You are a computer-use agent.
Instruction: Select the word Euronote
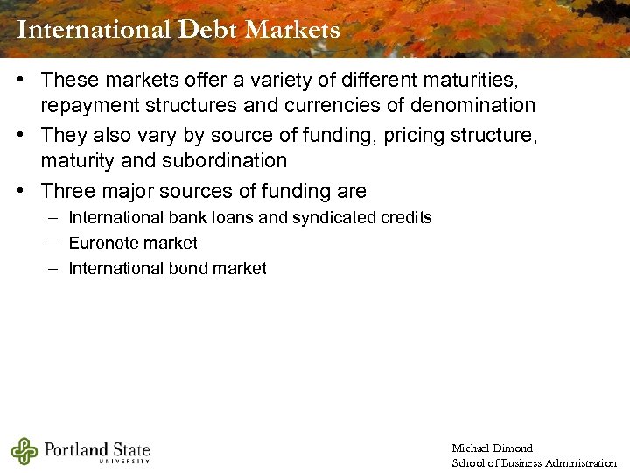click(104, 243)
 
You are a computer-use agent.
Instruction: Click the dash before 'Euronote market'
click(53, 243)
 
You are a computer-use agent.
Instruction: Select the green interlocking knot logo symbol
click(24, 451)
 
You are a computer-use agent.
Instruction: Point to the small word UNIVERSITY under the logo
click(124, 462)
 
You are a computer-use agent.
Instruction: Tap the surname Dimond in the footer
click(514, 448)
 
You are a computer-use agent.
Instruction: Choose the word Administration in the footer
click(580, 462)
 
